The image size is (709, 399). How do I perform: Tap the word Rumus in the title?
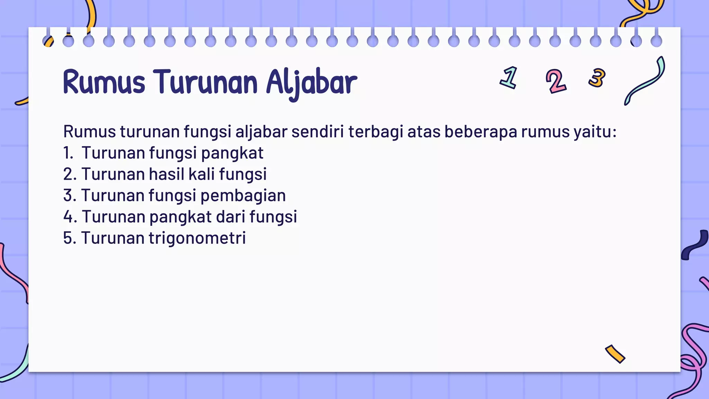tap(104, 82)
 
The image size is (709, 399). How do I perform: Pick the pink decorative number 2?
tap(556, 81)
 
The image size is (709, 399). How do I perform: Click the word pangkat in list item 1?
tap(232, 153)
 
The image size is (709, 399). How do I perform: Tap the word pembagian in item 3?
tap(243, 196)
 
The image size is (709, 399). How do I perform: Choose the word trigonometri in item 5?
tap(197, 238)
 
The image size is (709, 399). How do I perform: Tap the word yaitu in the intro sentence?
tap(595, 132)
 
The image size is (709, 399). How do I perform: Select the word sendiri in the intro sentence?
tap(317, 132)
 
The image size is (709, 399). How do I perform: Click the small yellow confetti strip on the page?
tap(615, 354)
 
